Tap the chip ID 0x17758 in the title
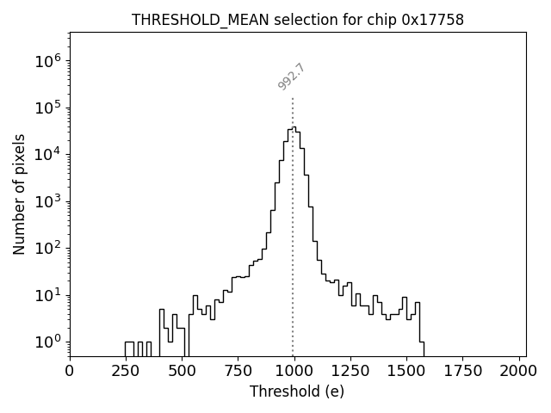(432, 20)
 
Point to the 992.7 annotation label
(292, 77)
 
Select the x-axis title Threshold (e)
(297, 391)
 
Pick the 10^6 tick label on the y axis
(46, 61)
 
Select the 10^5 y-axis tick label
(46, 108)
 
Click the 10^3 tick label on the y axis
(46, 201)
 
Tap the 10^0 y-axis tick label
(46, 342)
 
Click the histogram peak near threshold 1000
(293, 127)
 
